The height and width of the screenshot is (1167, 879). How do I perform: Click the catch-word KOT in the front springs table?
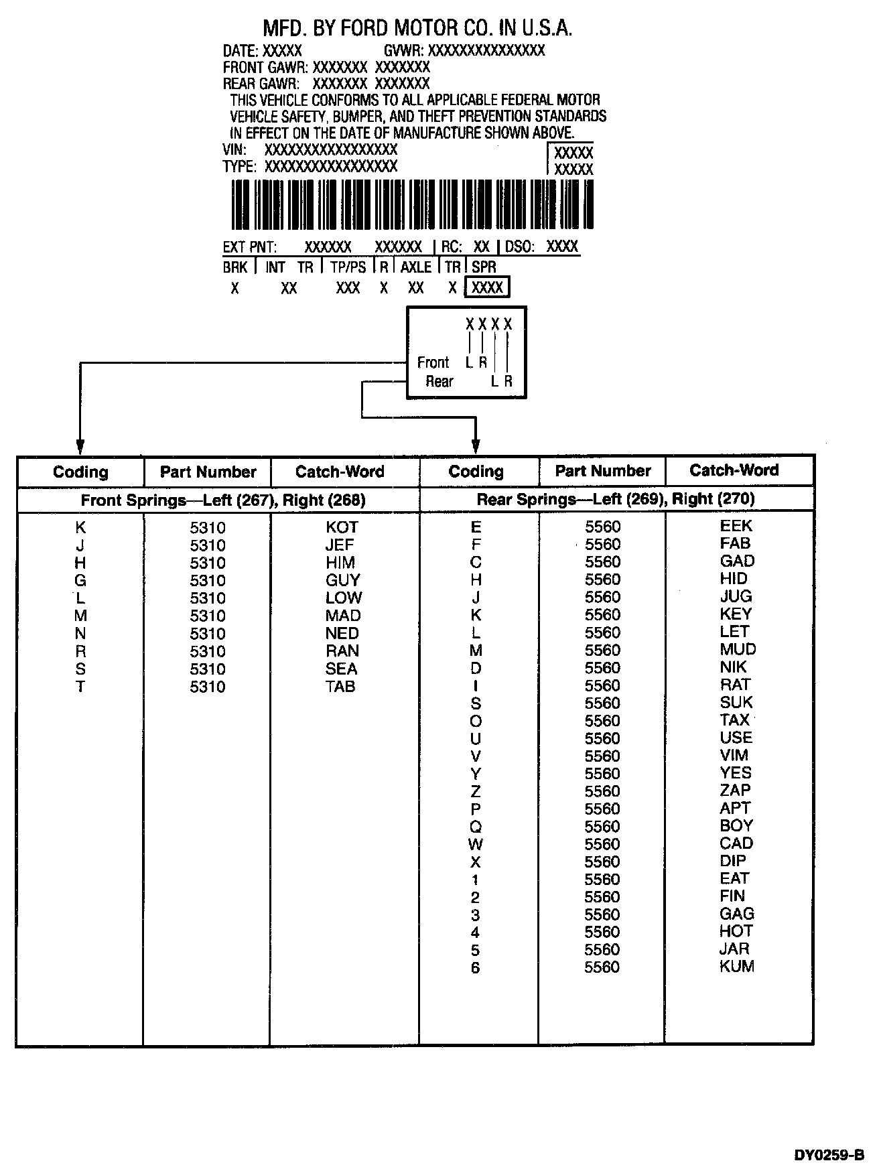click(x=342, y=527)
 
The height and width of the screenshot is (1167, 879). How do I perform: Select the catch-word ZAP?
click(x=735, y=791)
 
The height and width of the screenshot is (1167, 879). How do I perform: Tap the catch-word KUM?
click(x=736, y=966)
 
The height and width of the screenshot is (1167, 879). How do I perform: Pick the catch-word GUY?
click(x=342, y=580)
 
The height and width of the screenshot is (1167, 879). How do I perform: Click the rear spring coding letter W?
click(x=476, y=844)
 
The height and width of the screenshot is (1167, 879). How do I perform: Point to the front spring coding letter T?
click(x=80, y=687)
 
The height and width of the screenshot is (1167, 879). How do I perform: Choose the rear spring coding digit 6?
click(x=475, y=967)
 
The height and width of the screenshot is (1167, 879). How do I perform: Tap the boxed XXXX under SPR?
click(x=487, y=287)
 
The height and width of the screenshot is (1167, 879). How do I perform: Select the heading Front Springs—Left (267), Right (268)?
click(x=223, y=500)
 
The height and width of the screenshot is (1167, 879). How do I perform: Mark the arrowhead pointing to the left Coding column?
click(x=80, y=446)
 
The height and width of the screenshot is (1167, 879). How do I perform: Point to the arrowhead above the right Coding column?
click(x=476, y=446)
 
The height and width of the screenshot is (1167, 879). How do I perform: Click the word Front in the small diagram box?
click(x=433, y=362)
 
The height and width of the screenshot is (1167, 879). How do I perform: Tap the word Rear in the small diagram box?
click(x=439, y=381)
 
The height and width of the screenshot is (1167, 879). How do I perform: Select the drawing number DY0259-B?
click(x=829, y=1154)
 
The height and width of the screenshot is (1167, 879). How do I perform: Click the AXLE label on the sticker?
click(x=415, y=267)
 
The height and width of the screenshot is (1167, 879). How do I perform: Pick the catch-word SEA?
click(x=341, y=669)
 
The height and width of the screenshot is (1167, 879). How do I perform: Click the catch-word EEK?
click(x=736, y=526)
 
